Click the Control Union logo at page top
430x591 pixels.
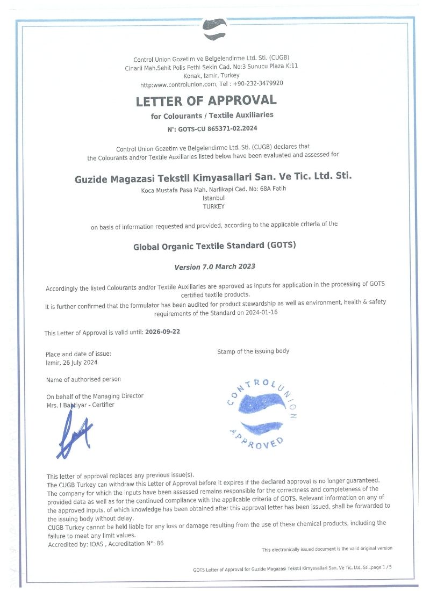click(213, 29)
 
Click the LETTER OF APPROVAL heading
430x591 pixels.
click(206, 100)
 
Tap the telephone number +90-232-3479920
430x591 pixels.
click(258, 84)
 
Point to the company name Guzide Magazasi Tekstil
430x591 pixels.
click(213, 177)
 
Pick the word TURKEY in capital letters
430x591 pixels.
click(213, 206)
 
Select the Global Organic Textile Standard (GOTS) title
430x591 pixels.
click(214, 246)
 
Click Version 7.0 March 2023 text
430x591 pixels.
click(214, 266)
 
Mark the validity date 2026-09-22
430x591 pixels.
click(162, 332)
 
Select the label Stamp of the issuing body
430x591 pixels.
click(253, 351)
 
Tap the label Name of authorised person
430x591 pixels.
click(84, 380)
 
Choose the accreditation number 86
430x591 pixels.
click(160, 544)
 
